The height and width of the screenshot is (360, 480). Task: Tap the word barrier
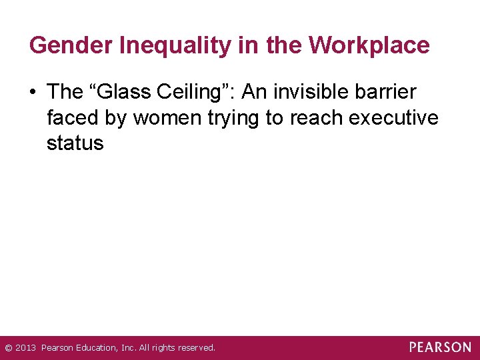(388, 93)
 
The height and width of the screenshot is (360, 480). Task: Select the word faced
(73, 118)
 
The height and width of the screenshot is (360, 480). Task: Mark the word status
(75, 143)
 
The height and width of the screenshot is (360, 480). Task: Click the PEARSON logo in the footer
(440, 347)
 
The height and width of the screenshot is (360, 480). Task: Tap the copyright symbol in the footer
(8, 348)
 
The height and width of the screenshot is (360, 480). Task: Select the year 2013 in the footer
(25, 348)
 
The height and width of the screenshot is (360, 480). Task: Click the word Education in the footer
(92, 348)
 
